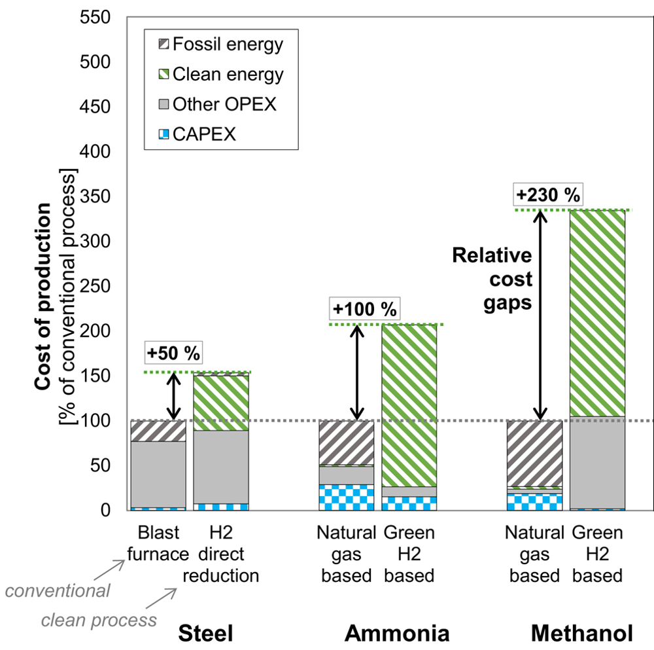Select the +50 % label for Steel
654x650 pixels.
coord(173,353)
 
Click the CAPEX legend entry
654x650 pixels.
coord(196,134)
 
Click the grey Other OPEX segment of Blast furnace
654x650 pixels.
coord(158,474)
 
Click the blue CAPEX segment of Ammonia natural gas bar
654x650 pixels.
coord(346,497)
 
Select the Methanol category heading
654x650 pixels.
coord(582,633)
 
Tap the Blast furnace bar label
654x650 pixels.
coord(158,543)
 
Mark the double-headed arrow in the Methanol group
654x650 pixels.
coord(540,315)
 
